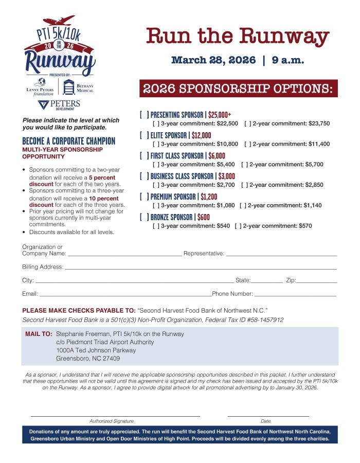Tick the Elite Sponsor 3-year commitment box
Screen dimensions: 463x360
pos(155,144)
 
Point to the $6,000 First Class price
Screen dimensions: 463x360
pos(217,156)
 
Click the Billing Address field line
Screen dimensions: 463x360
pos(201,269)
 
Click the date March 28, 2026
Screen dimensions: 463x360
pos(213,61)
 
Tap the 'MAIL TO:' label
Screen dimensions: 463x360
pos(39,334)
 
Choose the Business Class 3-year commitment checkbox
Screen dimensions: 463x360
pos(155,185)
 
